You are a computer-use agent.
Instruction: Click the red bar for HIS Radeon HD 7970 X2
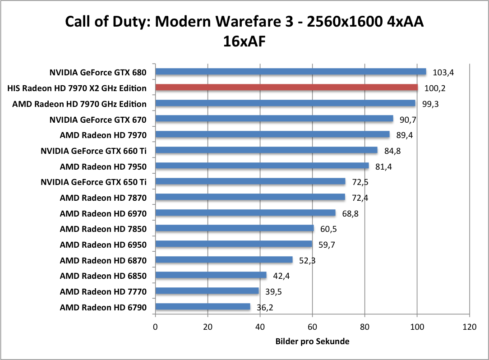(x=286, y=87)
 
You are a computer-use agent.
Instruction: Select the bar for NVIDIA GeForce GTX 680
(x=291, y=72)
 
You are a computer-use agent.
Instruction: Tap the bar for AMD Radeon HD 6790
(x=203, y=307)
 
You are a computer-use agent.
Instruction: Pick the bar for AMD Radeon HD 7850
(x=234, y=228)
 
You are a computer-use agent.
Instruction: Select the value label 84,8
(x=391, y=151)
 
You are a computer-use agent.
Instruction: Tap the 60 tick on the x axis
(x=312, y=327)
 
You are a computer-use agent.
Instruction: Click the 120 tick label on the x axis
(x=469, y=327)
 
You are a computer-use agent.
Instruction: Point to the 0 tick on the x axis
(x=155, y=327)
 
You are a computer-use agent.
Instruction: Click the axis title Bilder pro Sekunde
(x=312, y=342)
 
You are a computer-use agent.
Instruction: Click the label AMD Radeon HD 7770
(x=103, y=291)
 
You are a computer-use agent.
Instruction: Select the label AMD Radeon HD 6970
(x=103, y=213)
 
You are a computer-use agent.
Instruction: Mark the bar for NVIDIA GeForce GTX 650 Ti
(x=250, y=181)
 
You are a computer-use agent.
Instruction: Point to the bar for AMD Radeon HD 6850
(x=211, y=275)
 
